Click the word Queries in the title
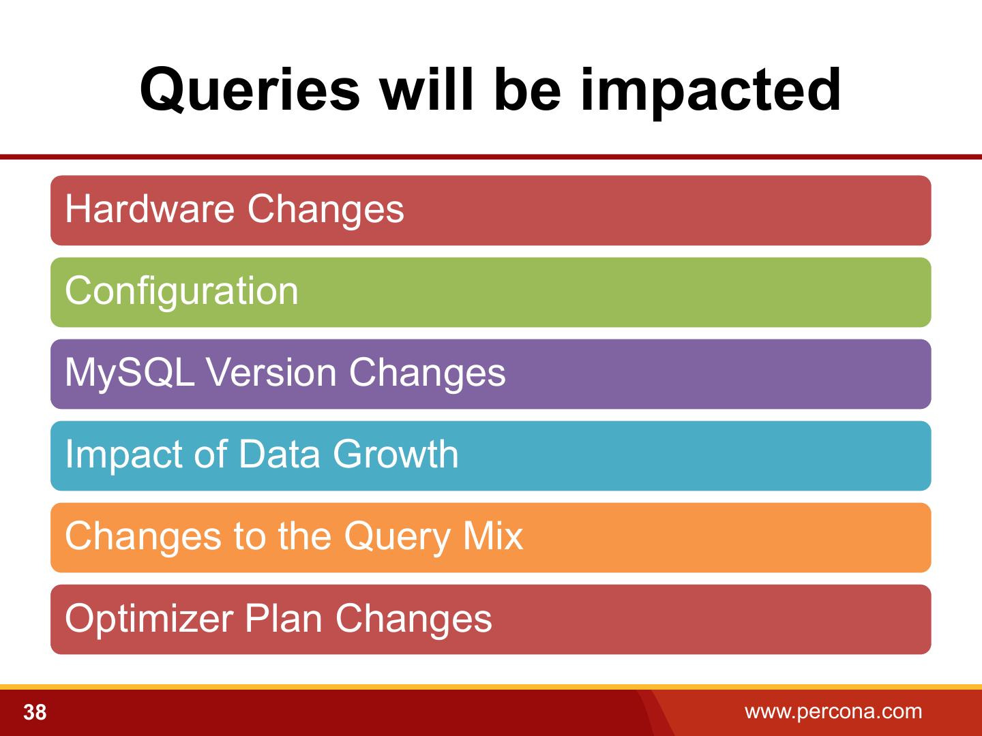pyautogui.click(x=250, y=91)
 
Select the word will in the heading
pyautogui.click(x=427, y=89)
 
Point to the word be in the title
pyautogui.click(x=527, y=89)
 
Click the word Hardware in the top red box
pyautogui.click(x=150, y=209)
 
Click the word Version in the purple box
pyautogui.click(x=271, y=372)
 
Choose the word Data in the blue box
pyautogui.click(x=280, y=454)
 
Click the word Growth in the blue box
pyautogui.click(x=396, y=454)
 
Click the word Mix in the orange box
pyautogui.click(x=493, y=536)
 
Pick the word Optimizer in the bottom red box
pyautogui.click(x=149, y=620)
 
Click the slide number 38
pyautogui.click(x=35, y=712)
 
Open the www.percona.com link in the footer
pyautogui.click(x=833, y=711)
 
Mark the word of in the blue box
pyautogui.click(x=211, y=454)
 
